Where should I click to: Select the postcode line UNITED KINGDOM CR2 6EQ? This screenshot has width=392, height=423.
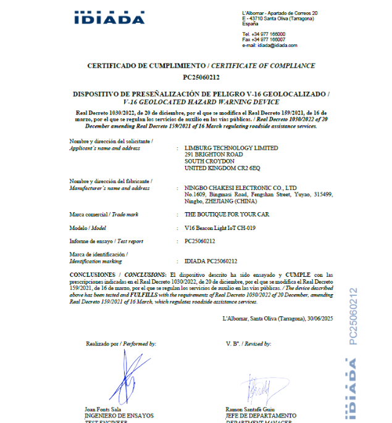223,168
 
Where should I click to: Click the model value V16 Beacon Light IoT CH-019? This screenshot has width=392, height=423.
220,228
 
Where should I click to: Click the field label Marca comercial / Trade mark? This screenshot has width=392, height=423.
103,214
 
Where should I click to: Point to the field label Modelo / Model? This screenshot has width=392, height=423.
91,228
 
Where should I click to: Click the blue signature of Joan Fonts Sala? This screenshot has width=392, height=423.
130,379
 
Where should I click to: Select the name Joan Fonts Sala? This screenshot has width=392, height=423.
102,409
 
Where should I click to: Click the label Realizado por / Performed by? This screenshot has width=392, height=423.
121,343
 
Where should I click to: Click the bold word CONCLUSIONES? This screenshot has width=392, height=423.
92,274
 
